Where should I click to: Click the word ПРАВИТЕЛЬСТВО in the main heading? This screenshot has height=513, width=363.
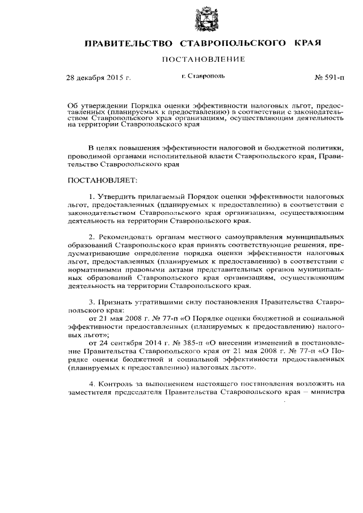(x=129, y=43)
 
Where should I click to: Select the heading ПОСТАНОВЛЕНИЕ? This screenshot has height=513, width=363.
(x=204, y=59)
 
